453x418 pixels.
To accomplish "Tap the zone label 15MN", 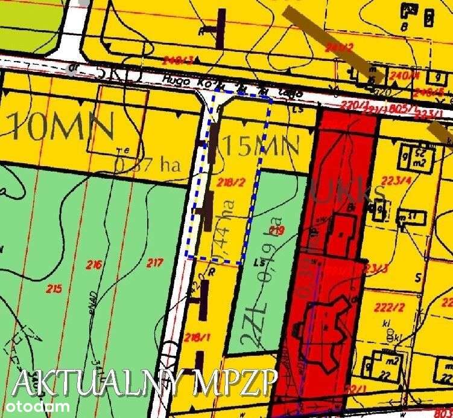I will [x=261, y=146].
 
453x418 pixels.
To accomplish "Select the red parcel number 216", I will [x=94, y=264].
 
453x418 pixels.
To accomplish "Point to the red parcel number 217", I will [x=155, y=263].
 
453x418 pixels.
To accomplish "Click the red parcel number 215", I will [x=54, y=289].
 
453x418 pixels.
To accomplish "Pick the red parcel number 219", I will [x=277, y=230].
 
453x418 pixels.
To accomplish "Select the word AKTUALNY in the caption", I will [x=97, y=382].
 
